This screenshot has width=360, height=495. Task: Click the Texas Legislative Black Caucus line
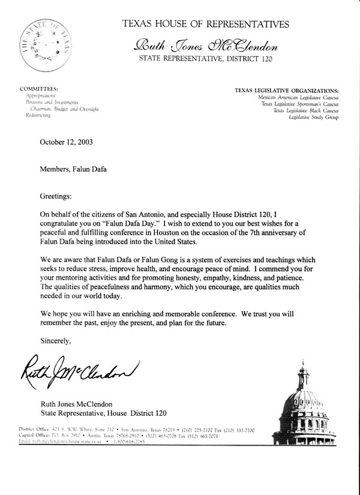coord(305,111)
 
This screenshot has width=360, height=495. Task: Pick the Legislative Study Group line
coord(314,118)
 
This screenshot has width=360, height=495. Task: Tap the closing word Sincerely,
coord(56,341)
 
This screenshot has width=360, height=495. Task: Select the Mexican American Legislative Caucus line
coord(298,97)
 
